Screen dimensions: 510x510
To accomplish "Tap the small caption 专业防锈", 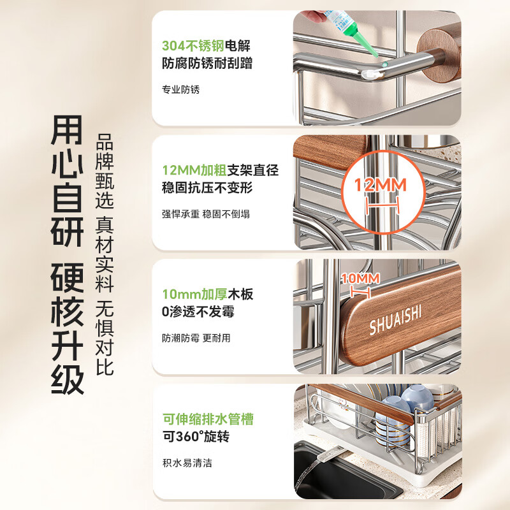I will pyautogui.click(x=181, y=90).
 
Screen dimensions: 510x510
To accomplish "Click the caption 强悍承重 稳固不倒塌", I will pyautogui.click(x=206, y=214).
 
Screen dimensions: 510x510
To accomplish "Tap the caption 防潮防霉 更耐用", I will pyautogui.click(x=196, y=338).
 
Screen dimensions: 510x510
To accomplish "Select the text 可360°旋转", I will pyautogui.click(x=195, y=437).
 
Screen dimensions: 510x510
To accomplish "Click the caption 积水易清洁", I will pyautogui.click(x=187, y=463).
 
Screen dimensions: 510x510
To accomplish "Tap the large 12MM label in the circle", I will pyautogui.click(x=381, y=186).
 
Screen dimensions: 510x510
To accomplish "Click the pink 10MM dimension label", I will pyautogui.click(x=360, y=279).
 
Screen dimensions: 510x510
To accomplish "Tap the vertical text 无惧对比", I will pyautogui.click(x=105, y=339).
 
